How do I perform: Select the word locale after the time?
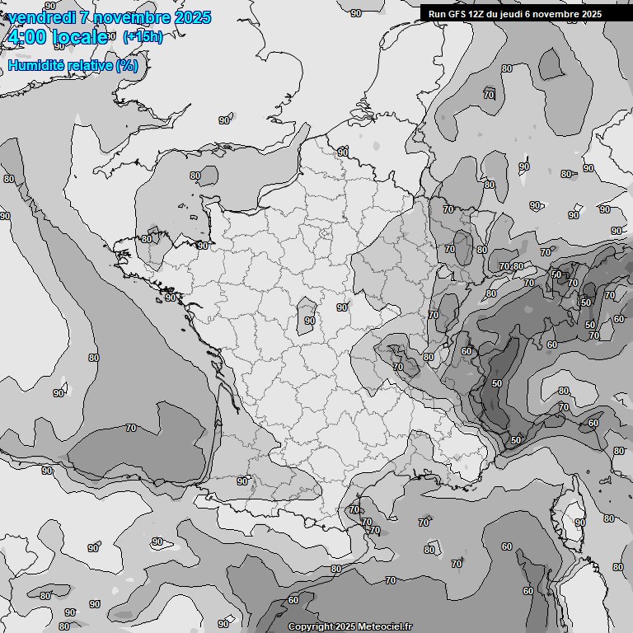tap(80, 37)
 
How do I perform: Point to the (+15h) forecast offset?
tap(143, 37)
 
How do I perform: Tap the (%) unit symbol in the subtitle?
tap(127, 65)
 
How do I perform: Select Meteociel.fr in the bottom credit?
tap(385, 627)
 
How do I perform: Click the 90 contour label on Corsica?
tap(579, 523)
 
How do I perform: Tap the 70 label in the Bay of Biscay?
tap(131, 429)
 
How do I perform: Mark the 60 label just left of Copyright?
tap(293, 600)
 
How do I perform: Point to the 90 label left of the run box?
tap(355, 13)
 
